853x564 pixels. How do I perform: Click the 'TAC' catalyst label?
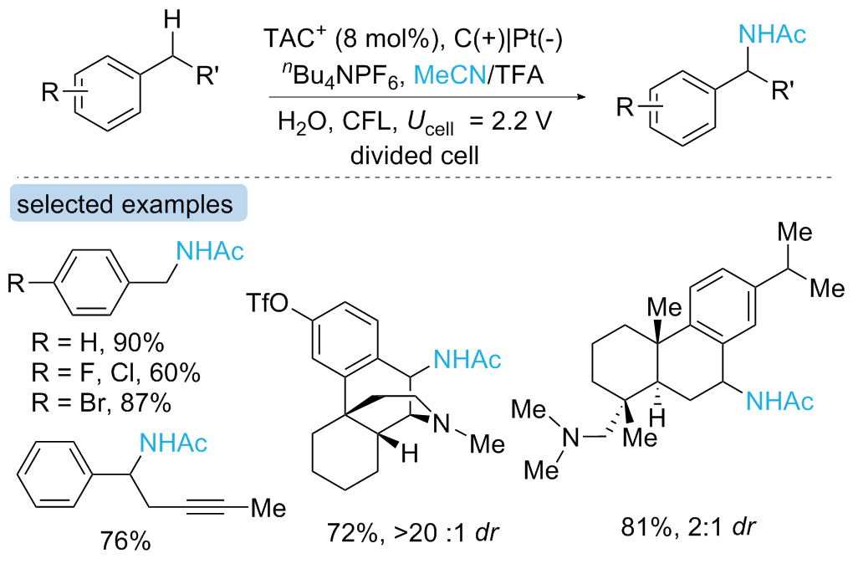282,38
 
